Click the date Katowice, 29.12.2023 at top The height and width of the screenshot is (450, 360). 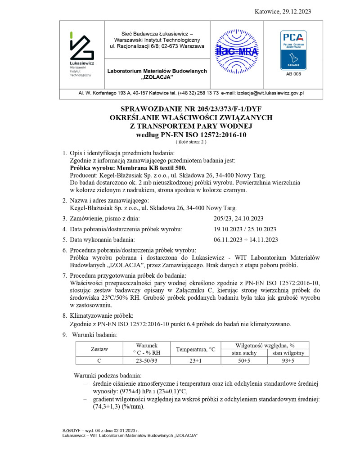(x=282, y=11)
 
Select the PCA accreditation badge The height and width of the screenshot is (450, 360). (x=293, y=49)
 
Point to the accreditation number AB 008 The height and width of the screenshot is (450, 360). (x=293, y=74)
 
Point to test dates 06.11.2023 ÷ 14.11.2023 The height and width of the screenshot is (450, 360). (x=246, y=239)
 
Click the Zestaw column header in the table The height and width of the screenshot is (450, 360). (x=99, y=349)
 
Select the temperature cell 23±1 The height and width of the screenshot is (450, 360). (x=195, y=360)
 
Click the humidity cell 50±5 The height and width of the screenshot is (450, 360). (x=244, y=360)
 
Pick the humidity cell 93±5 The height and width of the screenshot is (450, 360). (x=288, y=360)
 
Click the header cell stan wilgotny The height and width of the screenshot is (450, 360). (x=288, y=353)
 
